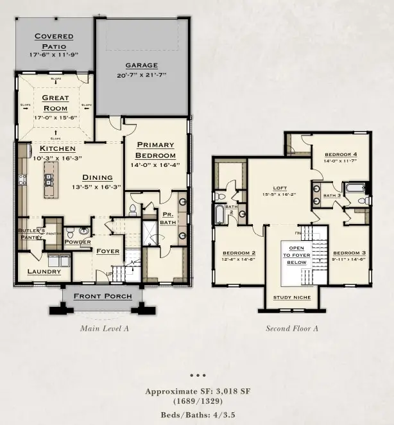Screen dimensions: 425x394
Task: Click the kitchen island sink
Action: click(x=47, y=180)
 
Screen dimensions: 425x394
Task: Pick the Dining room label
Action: click(x=98, y=178)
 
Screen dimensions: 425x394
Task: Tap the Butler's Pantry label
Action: click(x=31, y=234)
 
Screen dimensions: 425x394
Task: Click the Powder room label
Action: click(x=78, y=242)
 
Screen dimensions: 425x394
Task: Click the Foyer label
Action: click(x=108, y=251)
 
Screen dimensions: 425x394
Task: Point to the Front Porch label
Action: click(x=103, y=296)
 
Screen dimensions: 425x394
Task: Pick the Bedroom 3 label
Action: click(x=349, y=252)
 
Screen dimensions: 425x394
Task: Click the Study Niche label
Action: click(x=292, y=297)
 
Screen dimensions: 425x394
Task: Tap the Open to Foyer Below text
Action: click(x=296, y=255)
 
